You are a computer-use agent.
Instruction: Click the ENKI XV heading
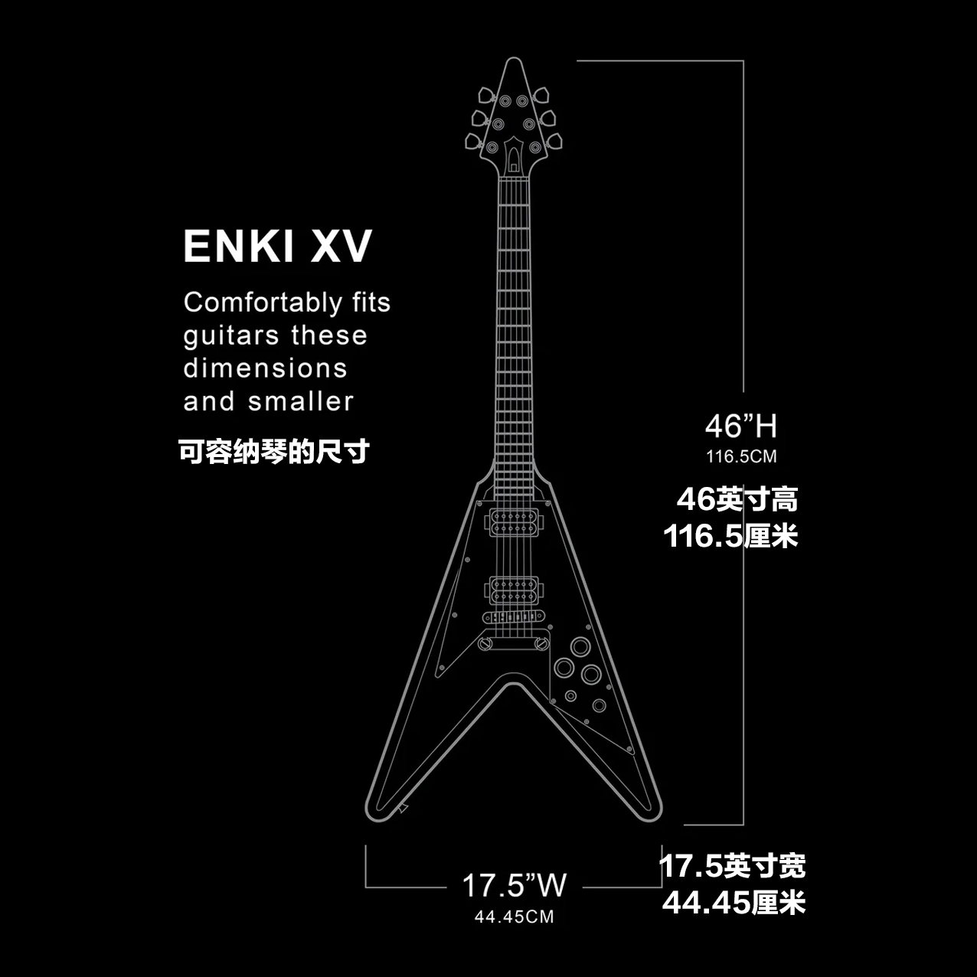coord(277,247)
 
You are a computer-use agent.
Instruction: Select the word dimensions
coord(266,368)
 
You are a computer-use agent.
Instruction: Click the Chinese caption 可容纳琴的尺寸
coord(274,452)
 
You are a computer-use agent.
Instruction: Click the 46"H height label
coord(740,426)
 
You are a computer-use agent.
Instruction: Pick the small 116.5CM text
coord(741,457)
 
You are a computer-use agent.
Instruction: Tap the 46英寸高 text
coord(737,499)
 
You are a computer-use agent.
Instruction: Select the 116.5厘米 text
coord(730,536)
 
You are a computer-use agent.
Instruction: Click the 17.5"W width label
coord(514,886)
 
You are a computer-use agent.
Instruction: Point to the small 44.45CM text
coord(514,917)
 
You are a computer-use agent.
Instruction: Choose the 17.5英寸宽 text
coord(732,867)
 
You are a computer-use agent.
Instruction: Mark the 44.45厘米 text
coord(734,903)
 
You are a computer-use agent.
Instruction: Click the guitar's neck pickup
coord(514,522)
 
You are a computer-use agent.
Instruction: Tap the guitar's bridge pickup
coord(514,590)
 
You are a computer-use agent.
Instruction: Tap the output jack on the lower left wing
coord(403,807)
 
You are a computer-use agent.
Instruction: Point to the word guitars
coord(231,336)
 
